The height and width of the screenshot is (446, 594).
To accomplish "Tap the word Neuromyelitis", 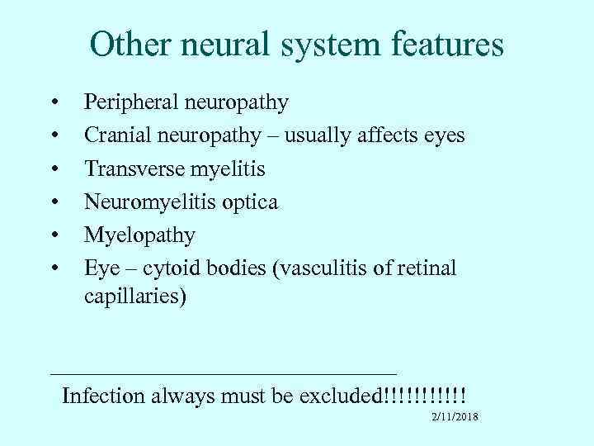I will [151, 202].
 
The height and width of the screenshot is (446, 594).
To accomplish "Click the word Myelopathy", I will [139, 236].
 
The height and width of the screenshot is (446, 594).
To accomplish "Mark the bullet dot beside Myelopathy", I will [54, 236].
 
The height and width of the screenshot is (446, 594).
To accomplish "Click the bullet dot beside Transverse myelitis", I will [54, 169].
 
